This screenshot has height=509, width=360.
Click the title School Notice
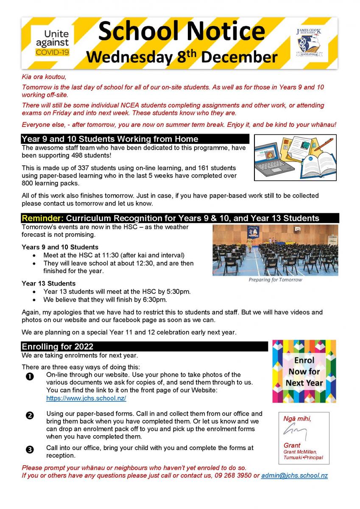pos(181,31)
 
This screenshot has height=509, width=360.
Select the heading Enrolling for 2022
pos(58,347)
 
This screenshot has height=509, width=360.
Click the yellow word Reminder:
pos(42,218)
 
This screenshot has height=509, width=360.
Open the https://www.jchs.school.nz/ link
pos(86,398)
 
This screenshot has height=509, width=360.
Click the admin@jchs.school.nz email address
pos(294,475)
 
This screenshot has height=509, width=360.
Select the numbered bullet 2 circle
pos(30,415)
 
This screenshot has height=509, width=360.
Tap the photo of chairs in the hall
pos(275,250)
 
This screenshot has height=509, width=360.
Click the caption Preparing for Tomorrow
pos(275,280)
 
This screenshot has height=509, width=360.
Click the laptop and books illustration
pos(295,157)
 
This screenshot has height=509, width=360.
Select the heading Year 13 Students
pos(49,283)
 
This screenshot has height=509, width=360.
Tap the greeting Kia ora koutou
pos(44,78)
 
